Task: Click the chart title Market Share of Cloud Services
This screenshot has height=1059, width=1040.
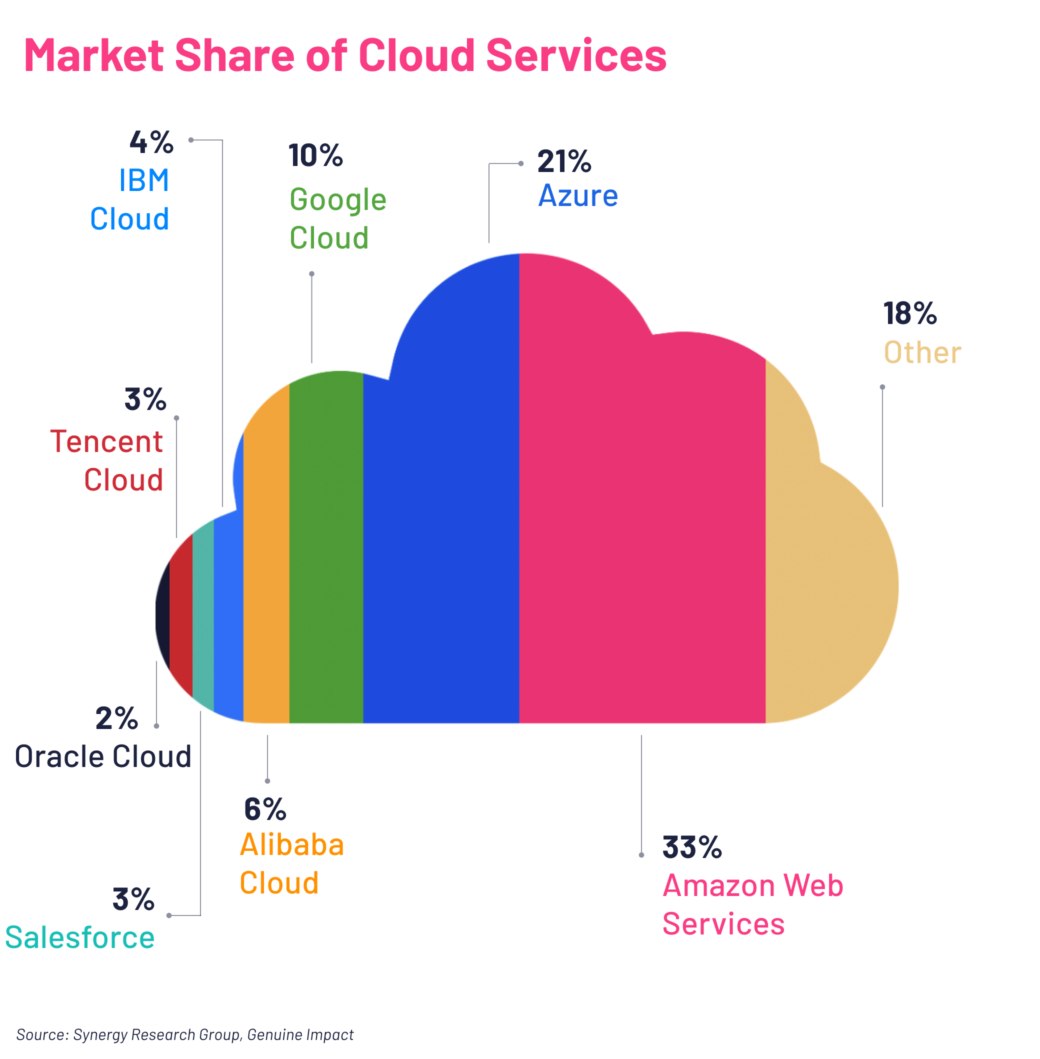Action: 345,55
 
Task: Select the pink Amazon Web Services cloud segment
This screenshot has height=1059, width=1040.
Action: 642,519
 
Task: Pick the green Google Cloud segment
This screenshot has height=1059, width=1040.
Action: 326,546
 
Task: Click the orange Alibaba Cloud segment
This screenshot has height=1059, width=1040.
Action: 266,573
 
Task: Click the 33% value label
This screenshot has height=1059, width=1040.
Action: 691,847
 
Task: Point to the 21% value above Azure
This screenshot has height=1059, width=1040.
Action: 563,161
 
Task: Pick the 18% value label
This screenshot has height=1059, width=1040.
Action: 909,313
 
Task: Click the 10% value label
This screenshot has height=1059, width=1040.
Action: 315,155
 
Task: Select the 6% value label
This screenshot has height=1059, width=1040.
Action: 265,809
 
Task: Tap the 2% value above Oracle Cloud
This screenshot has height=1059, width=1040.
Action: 116,718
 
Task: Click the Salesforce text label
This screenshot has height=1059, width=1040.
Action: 79,937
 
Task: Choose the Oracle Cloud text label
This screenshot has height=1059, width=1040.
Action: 102,756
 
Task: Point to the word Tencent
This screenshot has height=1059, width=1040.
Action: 106,441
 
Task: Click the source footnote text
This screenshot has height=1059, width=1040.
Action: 184,1034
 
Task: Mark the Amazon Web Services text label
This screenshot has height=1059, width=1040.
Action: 752,904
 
